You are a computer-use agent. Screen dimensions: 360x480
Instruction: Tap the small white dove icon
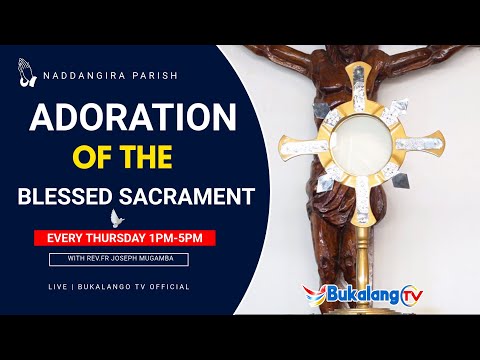coord(116,217)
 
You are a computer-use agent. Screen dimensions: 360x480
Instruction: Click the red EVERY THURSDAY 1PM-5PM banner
coord(124,238)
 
